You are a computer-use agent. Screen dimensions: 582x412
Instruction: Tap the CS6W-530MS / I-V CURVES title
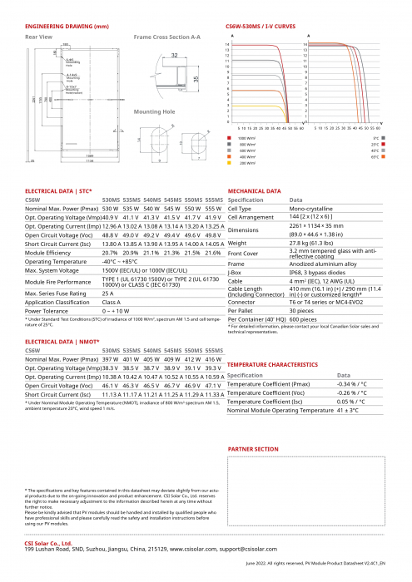[261, 27]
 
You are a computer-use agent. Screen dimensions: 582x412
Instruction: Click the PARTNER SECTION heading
[252, 449]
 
